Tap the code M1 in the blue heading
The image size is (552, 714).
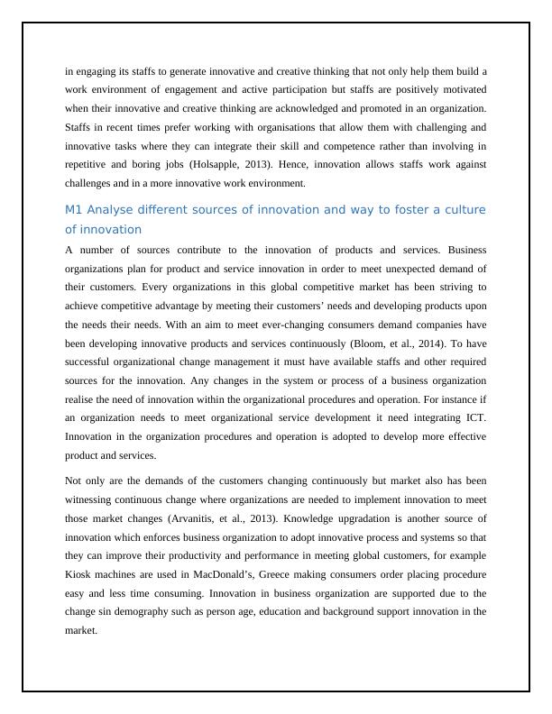click(x=74, y=210)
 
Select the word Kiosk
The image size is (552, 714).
click(x=81, y=574)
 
